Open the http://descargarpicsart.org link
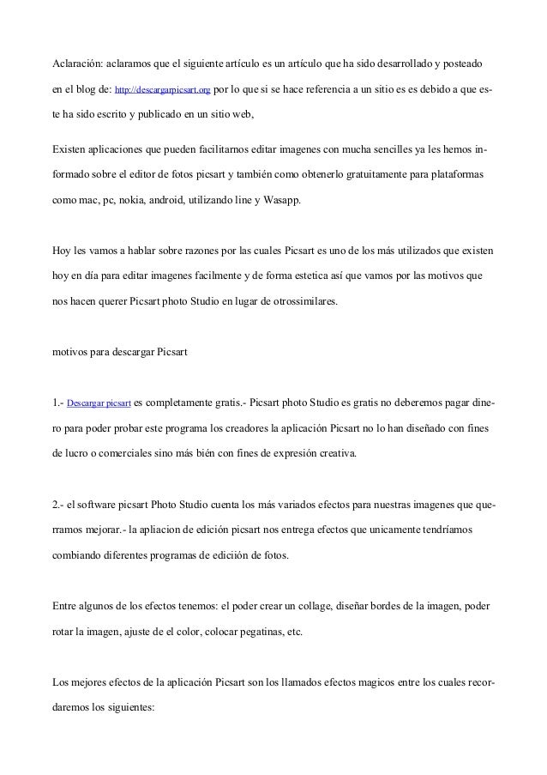tap(162, 88)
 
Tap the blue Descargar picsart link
tap(99, 403)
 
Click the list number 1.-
tap(58, 402)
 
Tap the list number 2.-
tap(58, 504)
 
